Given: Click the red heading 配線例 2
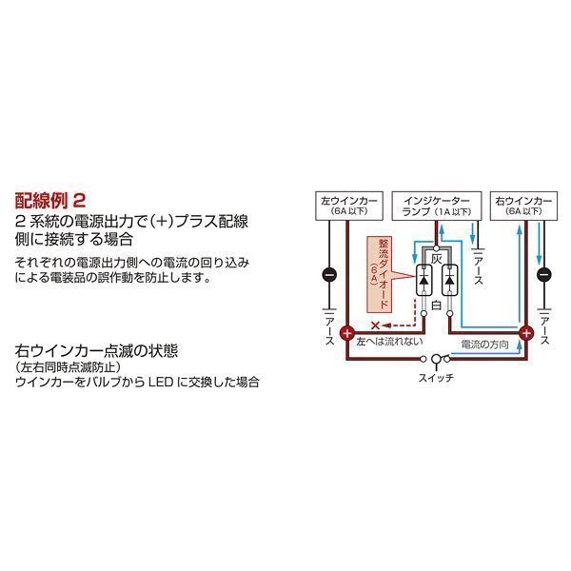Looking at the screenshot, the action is [51, 202].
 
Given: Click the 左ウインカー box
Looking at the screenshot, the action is [342, 207].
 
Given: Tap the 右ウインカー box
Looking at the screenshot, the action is [523, 207].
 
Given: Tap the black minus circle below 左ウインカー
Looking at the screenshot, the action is [328, 276].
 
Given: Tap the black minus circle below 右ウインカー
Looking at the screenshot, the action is [543, 276].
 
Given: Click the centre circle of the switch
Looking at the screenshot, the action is [438, 360].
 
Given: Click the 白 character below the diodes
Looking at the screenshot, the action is [437, 306].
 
